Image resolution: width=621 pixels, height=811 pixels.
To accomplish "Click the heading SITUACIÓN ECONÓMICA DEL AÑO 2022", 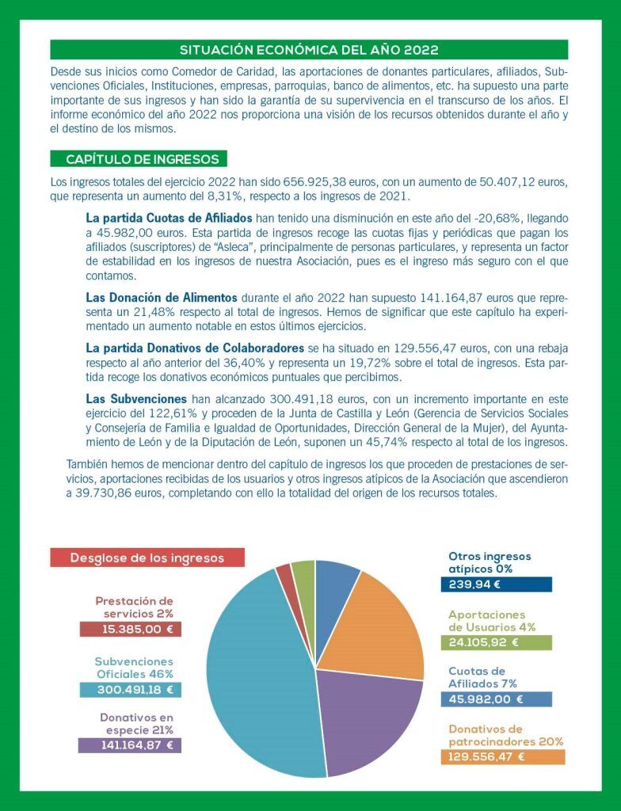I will [309, 50].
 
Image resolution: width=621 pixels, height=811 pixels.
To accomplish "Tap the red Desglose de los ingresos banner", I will [147, 558].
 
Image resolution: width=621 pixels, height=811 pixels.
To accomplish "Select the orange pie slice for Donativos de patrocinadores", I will [376, 626].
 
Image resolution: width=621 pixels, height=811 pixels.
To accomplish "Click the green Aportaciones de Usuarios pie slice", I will [303, 574].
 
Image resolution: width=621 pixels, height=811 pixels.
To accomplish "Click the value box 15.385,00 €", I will [131, 630].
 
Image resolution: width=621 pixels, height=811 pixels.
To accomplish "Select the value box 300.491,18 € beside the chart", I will [131, 690].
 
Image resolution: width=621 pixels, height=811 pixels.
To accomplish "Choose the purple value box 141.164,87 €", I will [131, 745].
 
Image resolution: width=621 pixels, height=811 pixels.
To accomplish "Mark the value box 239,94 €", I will [497, 585].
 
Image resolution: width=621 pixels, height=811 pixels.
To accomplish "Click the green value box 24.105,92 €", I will [497, 643].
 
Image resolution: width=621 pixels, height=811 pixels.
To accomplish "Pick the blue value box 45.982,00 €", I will [497, 699].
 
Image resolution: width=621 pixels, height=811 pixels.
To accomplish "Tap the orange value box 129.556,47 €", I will [503, 757].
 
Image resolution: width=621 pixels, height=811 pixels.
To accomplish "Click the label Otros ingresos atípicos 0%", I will [490, 562].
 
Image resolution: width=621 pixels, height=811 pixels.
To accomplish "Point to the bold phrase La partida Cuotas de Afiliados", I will [169, 218].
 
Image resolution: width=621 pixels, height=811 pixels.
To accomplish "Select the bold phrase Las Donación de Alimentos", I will [162, 298].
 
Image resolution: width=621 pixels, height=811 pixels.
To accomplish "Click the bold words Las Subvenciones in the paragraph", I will [136, 399].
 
